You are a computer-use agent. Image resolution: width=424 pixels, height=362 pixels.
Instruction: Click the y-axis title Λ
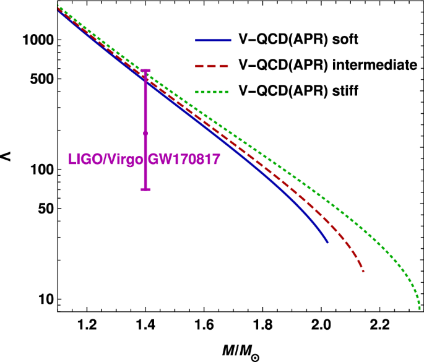pos(7,158)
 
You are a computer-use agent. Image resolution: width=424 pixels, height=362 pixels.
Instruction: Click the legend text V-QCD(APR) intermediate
pos(327,65)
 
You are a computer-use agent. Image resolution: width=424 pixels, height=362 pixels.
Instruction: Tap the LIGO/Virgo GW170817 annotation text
pos(144,160)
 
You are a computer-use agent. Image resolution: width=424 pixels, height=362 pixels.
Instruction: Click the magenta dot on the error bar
pos(145,133)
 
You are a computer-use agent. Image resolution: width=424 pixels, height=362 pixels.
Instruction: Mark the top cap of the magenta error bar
pos(145,71)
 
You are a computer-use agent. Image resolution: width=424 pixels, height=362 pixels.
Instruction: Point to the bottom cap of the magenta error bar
pos(145,189)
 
